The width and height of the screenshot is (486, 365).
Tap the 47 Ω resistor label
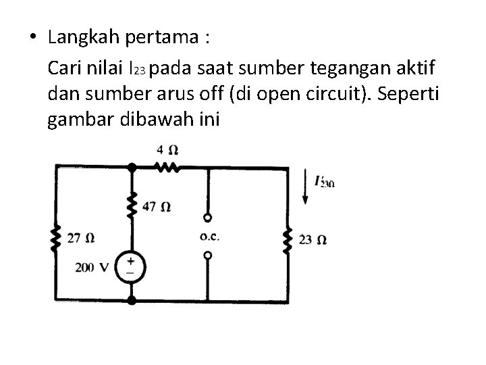[x=157, y=206]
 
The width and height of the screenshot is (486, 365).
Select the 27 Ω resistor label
[x=81, y=238]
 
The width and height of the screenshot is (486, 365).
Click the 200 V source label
[x=92, y=267]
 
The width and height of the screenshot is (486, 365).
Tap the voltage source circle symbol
[x=131, y=266]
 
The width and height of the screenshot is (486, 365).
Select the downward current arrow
[x=306, y=190]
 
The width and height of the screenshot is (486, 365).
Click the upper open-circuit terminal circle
[x=208, y=218]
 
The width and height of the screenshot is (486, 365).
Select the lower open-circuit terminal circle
[x=208, y=255]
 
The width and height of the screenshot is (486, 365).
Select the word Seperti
[x=409, y=93]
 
